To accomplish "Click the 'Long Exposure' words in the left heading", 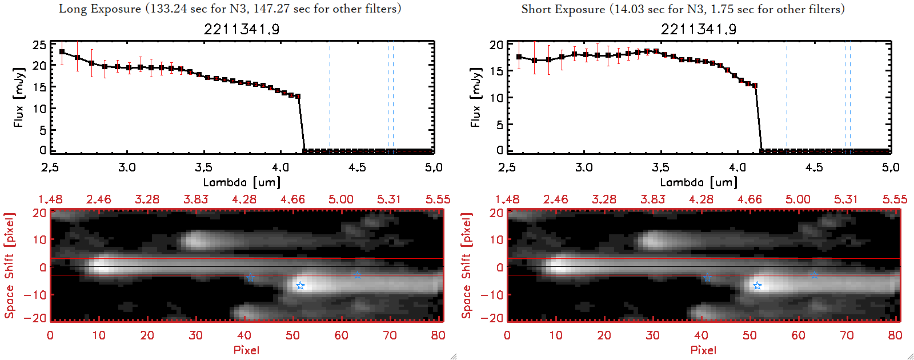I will pyautogui.click(x=100, y=9).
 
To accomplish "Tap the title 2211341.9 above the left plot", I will pyautogui.click(x=242, y=29).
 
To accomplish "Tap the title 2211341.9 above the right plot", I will pyautogui.click(x=699, y=29).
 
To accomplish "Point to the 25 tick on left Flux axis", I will pyautogui.click(x=39, y=45).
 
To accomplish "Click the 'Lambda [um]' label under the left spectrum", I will pyautogui.click(x=242, y=182).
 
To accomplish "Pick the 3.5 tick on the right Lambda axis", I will pyautogui.click(x=660, y=167).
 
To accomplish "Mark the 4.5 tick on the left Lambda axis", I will pyautogui.click(x=357, y=167).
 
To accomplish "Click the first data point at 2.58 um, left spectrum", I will pyautogui.click(x=62, y=52).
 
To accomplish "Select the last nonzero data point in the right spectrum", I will pyautogui.click(x=755, y=86).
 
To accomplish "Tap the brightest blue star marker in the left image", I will pyautogui.click(x=300, y=286).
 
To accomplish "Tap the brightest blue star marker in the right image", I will pyautogui.click(x=757, y=286).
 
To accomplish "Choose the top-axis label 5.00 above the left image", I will pyautogui.click(x=340, y=199).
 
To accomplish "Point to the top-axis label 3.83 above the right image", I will pyautogui.click(x=652, y=199).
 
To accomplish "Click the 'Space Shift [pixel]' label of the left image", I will pyautogui.click(x=9, y=266).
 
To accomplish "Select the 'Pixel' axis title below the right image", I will pyautogui.click(x=703, y=350).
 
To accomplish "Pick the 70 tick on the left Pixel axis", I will pyautogui.click(x=390, y=335).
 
